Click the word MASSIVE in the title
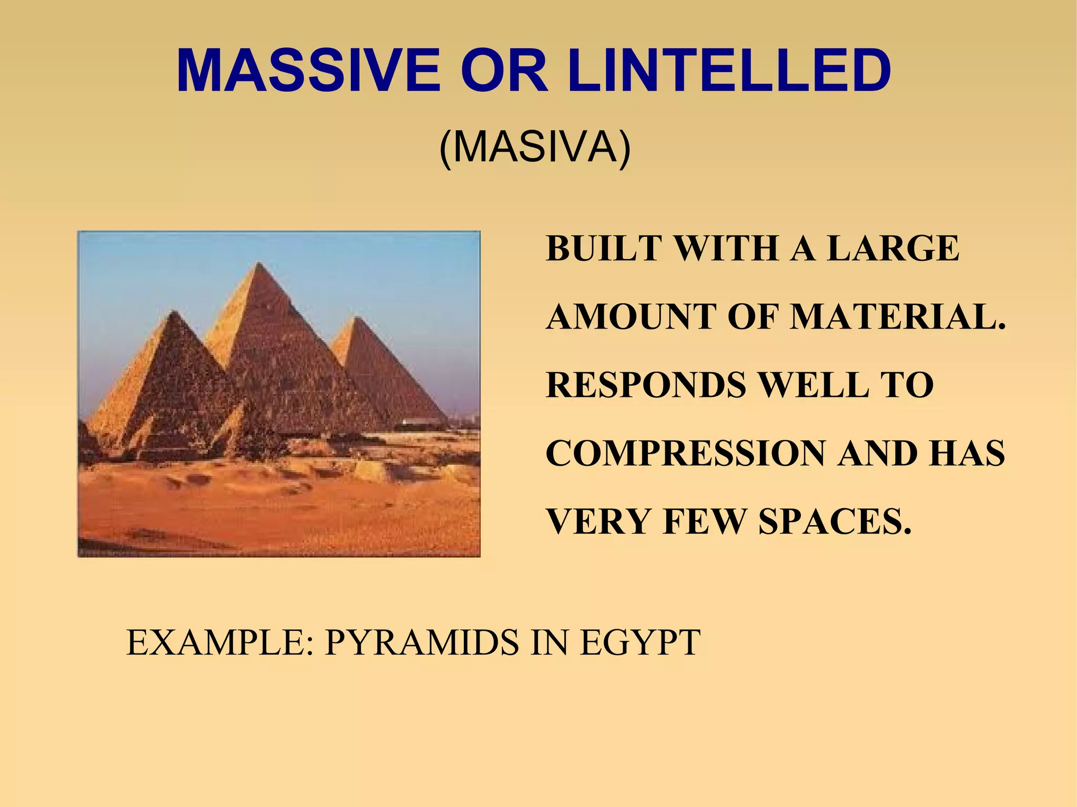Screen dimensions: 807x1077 (x=309, y=71)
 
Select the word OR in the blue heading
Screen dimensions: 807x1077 (x=504, y=71)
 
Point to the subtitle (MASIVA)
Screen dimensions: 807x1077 (x=534, y=148)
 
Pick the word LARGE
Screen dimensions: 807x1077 (x=893, y=248)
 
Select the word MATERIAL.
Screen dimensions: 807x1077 (x=898, y=317)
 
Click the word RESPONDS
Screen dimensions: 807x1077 (x=646, y=385)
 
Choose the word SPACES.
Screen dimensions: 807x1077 (x=835, y=522)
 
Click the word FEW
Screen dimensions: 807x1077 (x=705, y=522)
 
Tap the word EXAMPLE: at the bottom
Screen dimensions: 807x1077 (x=220, y=642)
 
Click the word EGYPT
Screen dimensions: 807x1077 (x=639, y=642)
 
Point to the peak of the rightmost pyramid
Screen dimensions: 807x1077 (x=357, y=317)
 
